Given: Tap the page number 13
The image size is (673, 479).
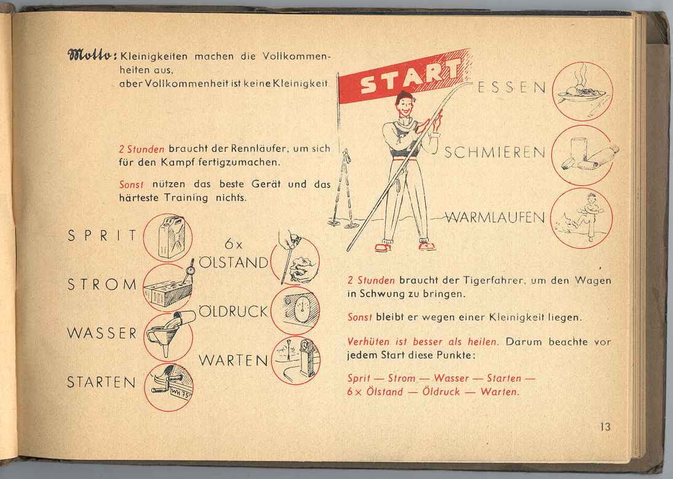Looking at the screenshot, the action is (x=605, y=427).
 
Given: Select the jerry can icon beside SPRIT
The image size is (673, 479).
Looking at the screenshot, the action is (x=168, y=238).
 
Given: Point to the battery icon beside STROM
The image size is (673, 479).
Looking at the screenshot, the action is (x=168, y=286).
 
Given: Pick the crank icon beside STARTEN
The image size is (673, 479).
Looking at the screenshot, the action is (x=169, y=387).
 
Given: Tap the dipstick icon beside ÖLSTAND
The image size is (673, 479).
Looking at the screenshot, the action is (x=295, y=259).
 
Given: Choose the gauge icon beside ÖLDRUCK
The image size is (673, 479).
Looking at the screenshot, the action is (x=295, y=310).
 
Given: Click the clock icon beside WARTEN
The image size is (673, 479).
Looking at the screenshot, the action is (x=296, y=360).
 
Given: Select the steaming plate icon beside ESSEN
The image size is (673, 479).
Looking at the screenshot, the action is (x=583, y=91).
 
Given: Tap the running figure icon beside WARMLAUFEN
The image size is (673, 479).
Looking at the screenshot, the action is (x=581, y=218).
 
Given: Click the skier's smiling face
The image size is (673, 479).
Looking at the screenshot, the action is (x=405, y=106).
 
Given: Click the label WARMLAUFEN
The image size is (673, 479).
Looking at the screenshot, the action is (x=495, y=217).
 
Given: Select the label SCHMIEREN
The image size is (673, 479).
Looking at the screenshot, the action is (x=495, y=153).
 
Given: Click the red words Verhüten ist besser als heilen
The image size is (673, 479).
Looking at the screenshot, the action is (x=423, y=342).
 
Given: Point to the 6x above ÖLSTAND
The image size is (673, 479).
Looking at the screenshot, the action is (x=234, y=244).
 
